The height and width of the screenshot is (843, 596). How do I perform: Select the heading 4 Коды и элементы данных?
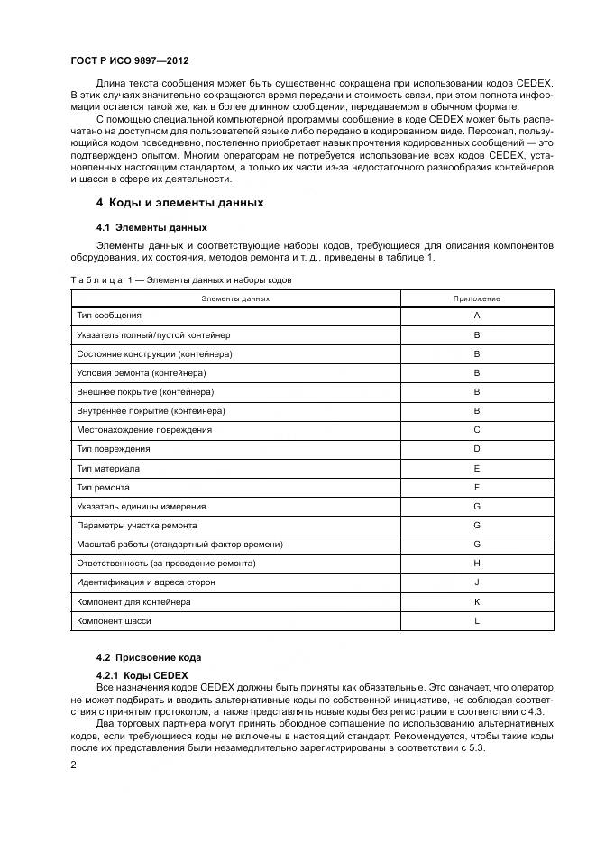point(180,203)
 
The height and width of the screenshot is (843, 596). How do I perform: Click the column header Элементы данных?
point(235,298)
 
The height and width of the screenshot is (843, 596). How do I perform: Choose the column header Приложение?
point(476,298)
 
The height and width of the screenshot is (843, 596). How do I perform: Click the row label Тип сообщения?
point(109,316)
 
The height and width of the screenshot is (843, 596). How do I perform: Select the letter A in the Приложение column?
point(476,316)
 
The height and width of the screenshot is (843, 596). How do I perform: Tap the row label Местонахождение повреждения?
point(144,430)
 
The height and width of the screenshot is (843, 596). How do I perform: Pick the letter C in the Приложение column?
point(476,430)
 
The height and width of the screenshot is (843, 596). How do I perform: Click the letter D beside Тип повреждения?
point(476,449)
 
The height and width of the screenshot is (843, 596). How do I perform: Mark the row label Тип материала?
point(108,469)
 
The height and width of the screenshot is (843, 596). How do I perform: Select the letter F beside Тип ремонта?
point(476,488)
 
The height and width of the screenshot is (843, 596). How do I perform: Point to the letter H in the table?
point(476,564)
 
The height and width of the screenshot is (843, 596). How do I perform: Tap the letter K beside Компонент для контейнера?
point(476,601)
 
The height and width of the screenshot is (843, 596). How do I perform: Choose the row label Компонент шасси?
point(114,621)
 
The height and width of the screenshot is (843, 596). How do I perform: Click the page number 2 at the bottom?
point(73,765)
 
